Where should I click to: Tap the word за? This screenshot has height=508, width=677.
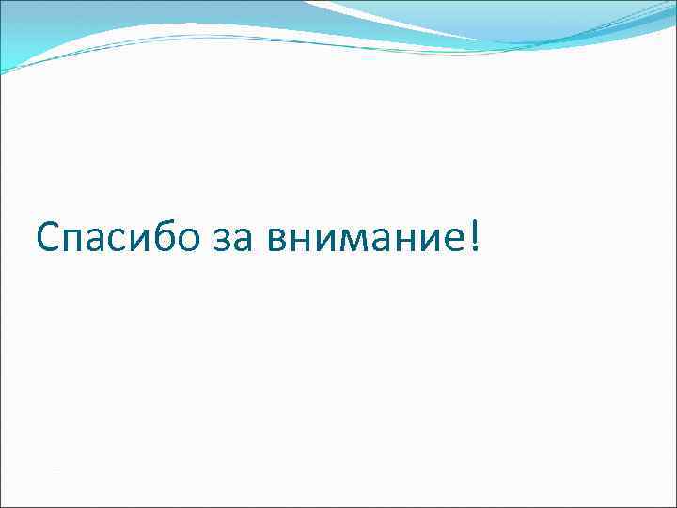click(x=233, y=241)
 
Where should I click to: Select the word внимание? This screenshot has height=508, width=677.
click(x=364, y=241)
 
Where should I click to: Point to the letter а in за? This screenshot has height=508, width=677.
click(x=243, y=242)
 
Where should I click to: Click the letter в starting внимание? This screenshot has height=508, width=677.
click(x=277, y=242)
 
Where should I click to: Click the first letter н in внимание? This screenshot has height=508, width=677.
click(x=300, y=242)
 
